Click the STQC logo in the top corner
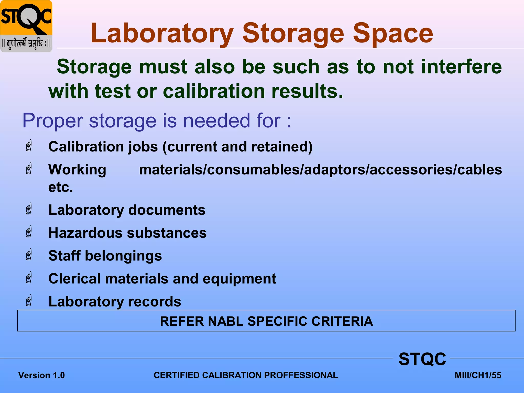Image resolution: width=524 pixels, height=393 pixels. pyautogui.click(x=26, y=26)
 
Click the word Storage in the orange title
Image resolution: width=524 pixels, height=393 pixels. pyautogui.click(x=293, y=33)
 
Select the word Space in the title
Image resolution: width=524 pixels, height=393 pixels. pyautogui.click(x=393, y=33)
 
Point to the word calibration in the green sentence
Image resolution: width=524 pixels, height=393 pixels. pyautogui.click(x=214, y=91)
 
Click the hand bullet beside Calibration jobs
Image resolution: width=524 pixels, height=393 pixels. pyautogui.click(x=29, y=146)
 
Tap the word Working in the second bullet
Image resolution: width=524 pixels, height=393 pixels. pyautogui.click(x=77, y=170)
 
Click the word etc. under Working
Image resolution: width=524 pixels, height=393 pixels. pyautogui.click(x=61, y=187)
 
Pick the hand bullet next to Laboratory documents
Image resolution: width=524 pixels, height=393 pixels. pyautogui.click(x=29, y=209)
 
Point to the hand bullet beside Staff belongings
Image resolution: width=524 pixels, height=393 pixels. pyautogui.click(x=29, y=255)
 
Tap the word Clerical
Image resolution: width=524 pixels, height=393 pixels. pyautogui.click(x=74, y=278)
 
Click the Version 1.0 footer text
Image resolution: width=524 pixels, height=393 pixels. pyautogui.click(x=41, y=375)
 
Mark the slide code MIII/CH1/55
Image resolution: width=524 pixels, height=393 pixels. pyautogui.click(x=478, y=375)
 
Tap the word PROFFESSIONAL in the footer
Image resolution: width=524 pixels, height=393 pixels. pyautogui.click(x=301, y=375)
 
